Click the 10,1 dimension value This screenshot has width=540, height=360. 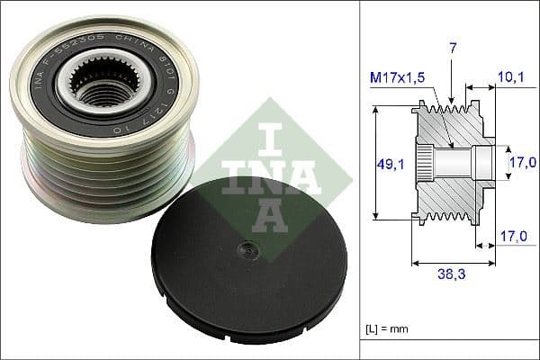pyautogui.click(x=510, y=77)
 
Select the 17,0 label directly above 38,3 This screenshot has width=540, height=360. pyautogui.click(x=510, y=238)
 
